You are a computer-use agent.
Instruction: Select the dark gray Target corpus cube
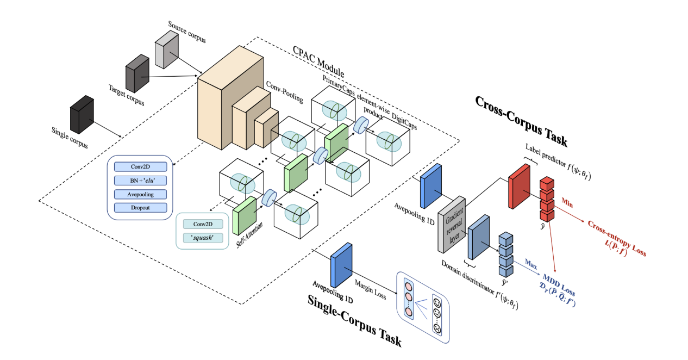pos(137,75)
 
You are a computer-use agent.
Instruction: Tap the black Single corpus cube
pos(82,115)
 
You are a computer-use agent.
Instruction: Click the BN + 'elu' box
pos(140,181)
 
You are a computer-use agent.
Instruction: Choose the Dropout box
pos(140,207)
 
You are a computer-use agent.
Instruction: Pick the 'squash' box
pos(202,238)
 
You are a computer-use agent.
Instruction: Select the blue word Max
pos(531,264)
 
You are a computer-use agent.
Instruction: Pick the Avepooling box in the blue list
pos(140,194)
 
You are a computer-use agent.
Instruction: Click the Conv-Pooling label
pos(284,90)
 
